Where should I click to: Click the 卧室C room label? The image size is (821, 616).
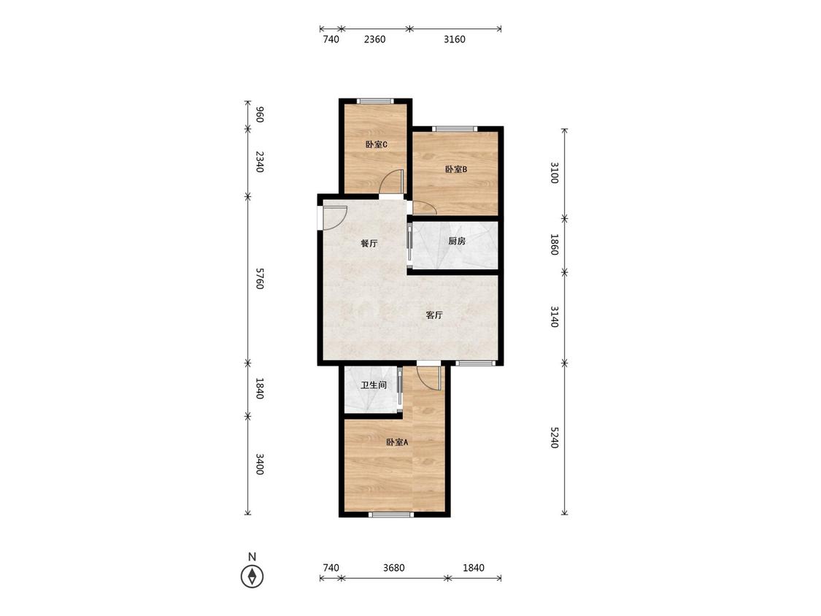tap(376, 145)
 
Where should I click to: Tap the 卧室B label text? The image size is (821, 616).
tap(456, 169)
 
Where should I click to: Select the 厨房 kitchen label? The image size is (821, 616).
tap(457, 241)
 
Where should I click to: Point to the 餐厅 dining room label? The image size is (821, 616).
tap(369, 244)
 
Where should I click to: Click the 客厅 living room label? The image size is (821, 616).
tap(434, 315)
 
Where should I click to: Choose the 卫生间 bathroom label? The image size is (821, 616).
tap(374, 385)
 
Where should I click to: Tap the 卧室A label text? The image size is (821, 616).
tap(397, 442)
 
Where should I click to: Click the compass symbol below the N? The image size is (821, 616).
tap(252, 577)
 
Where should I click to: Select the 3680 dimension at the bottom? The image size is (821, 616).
tap(394, 568)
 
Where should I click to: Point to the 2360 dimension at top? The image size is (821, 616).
tap(375, 39)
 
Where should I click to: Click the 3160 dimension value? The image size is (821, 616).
tap(455, 39)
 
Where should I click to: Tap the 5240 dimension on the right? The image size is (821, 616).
tap(555, 438)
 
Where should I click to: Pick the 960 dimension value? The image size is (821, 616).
tap(259, 115)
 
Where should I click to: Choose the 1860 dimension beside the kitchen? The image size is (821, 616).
tap(555, 245)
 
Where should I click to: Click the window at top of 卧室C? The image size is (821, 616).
tap(375, 101)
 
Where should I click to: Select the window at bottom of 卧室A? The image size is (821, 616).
tap(391, 515)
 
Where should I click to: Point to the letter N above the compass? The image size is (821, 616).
tap(252, 557)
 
